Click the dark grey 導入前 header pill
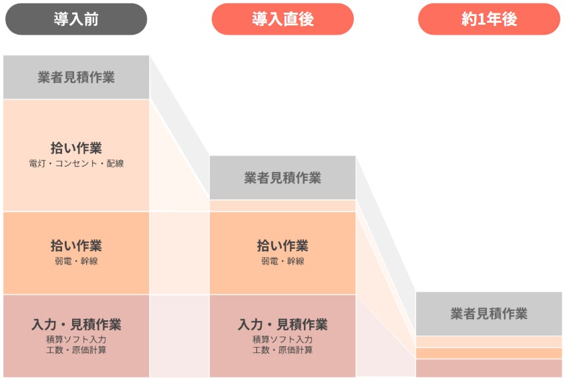[x=76, y=19]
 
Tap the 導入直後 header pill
[x=282, y=19]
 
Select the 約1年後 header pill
[x=489, y=19]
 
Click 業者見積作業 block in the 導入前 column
[x=76, y=77]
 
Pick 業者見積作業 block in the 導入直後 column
[x=282, y=178]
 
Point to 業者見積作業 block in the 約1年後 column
[x=489, y=314]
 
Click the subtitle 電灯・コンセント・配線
[x=76, y=163]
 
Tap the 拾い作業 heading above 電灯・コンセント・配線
[x=76, y=148]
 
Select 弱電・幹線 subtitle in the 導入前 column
[x=76, y=262]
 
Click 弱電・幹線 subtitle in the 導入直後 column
[x=282, y=262]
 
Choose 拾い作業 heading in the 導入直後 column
[x=282, y=246]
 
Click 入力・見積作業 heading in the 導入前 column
[x=76, y=325]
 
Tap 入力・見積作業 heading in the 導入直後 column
[x=282, y=325]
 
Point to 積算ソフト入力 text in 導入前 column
[x=76, y=340]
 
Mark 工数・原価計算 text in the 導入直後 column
[x=282, y=350]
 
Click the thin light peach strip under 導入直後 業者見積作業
[x=282, y=206]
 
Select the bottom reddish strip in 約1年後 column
[x=489, y=368]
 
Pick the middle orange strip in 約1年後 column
[x=489, y=353]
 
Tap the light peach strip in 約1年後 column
[x=489, y=342]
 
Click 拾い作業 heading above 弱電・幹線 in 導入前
[x=76, y=246]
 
